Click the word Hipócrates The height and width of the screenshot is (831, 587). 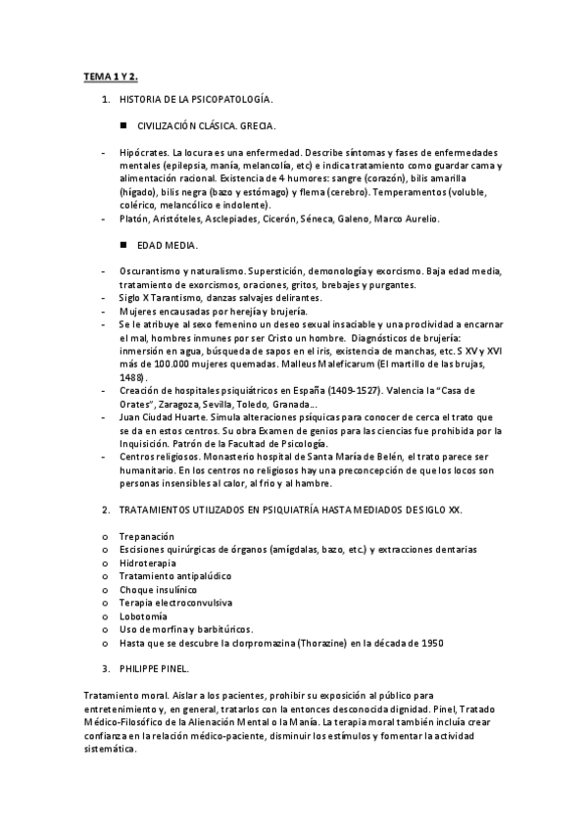click(143, 154)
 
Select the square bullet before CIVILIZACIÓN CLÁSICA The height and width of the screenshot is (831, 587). click(124, 126)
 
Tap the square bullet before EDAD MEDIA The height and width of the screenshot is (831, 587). click(124, 244)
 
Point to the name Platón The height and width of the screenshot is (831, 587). click(134, 219)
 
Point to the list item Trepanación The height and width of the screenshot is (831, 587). click(146, 537)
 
